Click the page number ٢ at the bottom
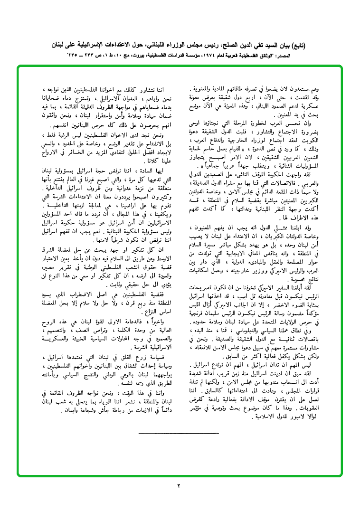pyautogui.click(x=180, y=485)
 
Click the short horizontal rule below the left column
pyautogui.click(x=179, y=434)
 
